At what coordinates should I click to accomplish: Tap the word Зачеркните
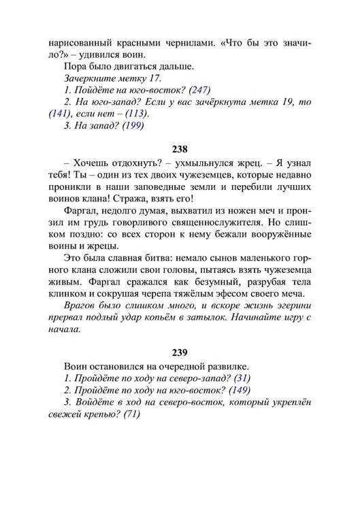(x=91, y=78)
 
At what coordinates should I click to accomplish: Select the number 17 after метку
(x=155, y=78)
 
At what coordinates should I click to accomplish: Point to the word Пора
(x=74, y=66)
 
